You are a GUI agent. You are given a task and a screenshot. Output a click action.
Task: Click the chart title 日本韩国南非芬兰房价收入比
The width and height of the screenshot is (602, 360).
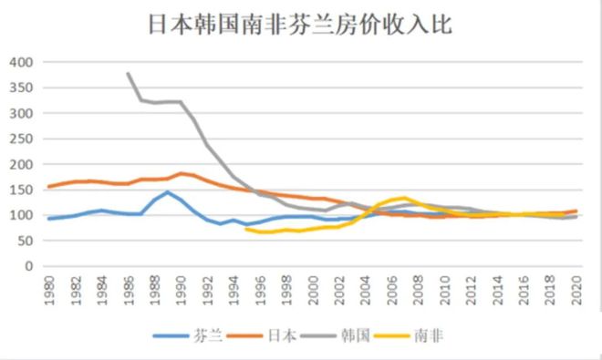pyautogui.click(x=301, y=24)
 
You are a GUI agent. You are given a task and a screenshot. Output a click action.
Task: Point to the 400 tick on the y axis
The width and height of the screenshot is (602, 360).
pyautogui.click(x=20, y=62)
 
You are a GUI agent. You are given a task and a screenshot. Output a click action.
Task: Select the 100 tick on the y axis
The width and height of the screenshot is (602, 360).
pyautogui.click(x=20, y=215)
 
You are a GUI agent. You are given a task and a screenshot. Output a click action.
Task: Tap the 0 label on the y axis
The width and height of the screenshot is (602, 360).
pyautogui.click(x=28, y=266)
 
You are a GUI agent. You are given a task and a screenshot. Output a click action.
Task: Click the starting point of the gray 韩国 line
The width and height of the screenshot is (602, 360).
pyautogui.click(x=128, y=73)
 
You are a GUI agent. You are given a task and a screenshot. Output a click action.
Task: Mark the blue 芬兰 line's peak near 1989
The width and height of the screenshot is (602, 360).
pyautogui.click(x=167, y=192)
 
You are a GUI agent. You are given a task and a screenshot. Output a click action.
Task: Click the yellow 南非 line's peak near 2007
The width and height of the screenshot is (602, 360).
pyautogui.click(x=405, y=198)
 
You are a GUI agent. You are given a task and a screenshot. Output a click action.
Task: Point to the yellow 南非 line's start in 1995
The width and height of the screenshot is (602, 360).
pyautogui.click(x=246, y=229)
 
